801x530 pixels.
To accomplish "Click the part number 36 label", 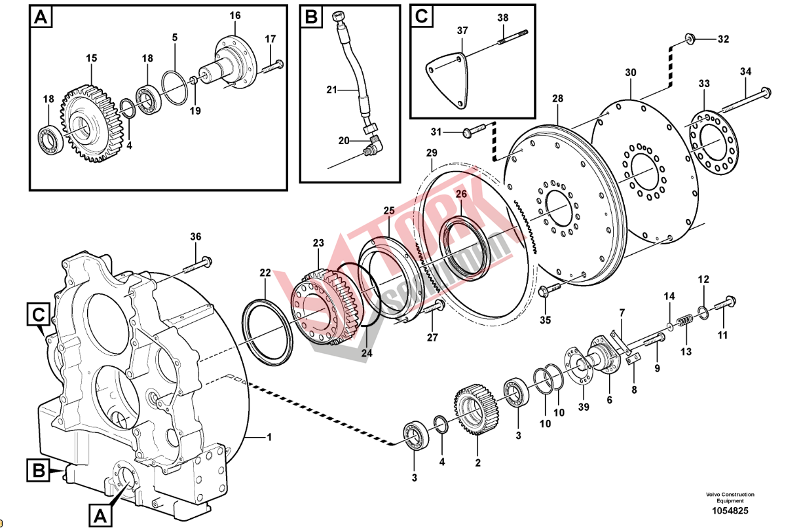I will pos(196,237).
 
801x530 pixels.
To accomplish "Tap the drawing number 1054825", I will pos(730,510).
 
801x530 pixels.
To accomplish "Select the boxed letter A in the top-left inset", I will pos(41,18).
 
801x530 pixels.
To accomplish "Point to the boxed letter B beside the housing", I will pos(38,469).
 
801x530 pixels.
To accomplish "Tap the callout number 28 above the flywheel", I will pos(557,98).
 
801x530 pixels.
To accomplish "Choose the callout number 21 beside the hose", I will pos(331,89).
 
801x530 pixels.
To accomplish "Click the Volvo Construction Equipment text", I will pos(730,497).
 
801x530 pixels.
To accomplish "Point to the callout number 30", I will pos(630,72).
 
